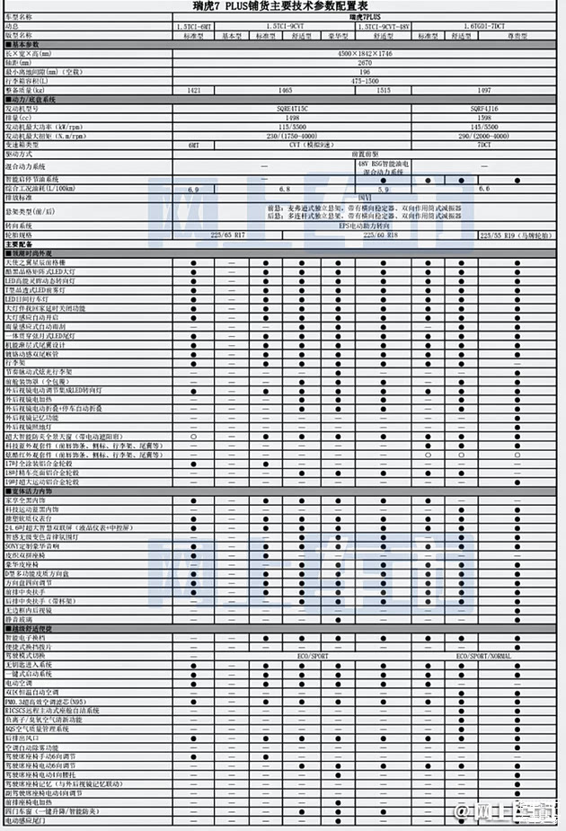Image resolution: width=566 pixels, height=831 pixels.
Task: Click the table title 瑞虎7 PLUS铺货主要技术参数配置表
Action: coord(282,6)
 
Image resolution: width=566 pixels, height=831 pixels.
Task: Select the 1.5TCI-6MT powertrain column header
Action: coord(195,27)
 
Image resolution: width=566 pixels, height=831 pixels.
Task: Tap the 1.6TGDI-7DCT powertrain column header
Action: coord(484,27)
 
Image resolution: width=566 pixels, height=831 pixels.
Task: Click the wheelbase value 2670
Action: coord(367,64)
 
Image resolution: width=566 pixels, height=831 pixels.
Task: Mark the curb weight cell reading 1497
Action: coord(484,91)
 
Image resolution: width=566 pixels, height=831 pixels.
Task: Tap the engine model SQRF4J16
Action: coord(484,109)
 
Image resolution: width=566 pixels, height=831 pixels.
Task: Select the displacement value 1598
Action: coord(484,118)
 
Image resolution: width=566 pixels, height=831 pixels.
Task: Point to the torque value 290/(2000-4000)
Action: coord(484,136)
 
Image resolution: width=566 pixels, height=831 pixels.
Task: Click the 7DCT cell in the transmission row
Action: coord(484,145)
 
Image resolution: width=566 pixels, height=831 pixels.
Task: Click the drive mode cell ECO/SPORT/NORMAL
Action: coord(484,657)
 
